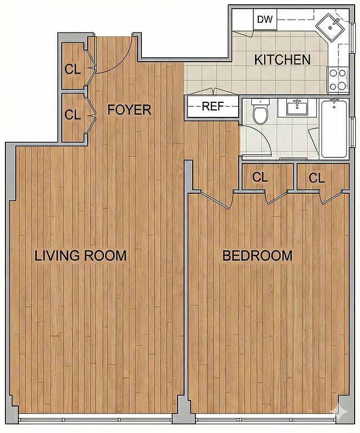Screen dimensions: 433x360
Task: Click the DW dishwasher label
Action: (265, 20)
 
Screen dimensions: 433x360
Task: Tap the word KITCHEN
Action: (282, 60)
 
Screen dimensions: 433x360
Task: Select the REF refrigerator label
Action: (213, 106)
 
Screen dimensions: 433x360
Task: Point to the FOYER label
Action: (129, 110)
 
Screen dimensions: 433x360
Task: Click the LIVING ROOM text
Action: (81, 255)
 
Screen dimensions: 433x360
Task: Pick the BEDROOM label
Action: (258, 255)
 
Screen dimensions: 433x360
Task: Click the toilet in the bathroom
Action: (261, 113)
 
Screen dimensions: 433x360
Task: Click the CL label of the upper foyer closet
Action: (73, 69)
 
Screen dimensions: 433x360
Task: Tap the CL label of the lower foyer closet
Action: (73, 115)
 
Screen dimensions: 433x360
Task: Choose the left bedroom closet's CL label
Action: (260, 177)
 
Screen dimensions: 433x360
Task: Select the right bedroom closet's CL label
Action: (317, 177)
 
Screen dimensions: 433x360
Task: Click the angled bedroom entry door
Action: (214, 199)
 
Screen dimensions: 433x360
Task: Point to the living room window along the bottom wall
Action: (95, 419)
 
